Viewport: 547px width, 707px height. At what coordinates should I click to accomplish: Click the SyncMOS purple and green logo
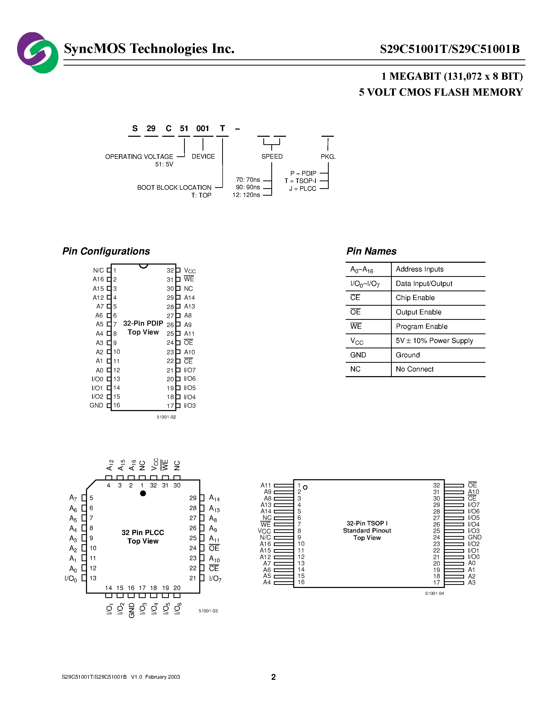38,52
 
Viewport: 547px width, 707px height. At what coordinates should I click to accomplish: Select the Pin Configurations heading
106,251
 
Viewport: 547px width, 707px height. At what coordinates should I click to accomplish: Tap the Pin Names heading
371,251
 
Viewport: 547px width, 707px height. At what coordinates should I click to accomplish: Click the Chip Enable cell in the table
415,298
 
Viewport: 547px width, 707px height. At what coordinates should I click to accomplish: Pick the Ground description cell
408,355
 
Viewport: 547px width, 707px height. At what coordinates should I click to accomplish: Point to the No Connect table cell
414,369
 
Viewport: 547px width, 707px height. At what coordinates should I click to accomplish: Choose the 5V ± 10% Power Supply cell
434,341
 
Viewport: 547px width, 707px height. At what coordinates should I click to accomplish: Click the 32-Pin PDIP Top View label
143,328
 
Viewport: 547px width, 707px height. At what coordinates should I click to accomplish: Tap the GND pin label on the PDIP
96,405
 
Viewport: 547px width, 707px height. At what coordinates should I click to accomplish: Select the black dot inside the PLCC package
143,493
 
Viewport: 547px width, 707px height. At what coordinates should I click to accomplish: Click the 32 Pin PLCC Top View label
143,537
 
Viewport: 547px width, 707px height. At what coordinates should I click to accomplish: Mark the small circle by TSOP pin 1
305,487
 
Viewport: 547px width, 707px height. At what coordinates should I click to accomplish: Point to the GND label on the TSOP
474,537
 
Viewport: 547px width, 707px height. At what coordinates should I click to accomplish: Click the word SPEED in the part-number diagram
272,157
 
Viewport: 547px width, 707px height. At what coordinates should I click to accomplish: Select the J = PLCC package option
302,189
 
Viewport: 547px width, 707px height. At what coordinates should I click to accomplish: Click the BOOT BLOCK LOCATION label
174,188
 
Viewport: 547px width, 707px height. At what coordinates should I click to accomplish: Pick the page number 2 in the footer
273,677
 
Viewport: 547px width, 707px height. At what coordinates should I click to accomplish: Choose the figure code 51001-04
434,593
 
